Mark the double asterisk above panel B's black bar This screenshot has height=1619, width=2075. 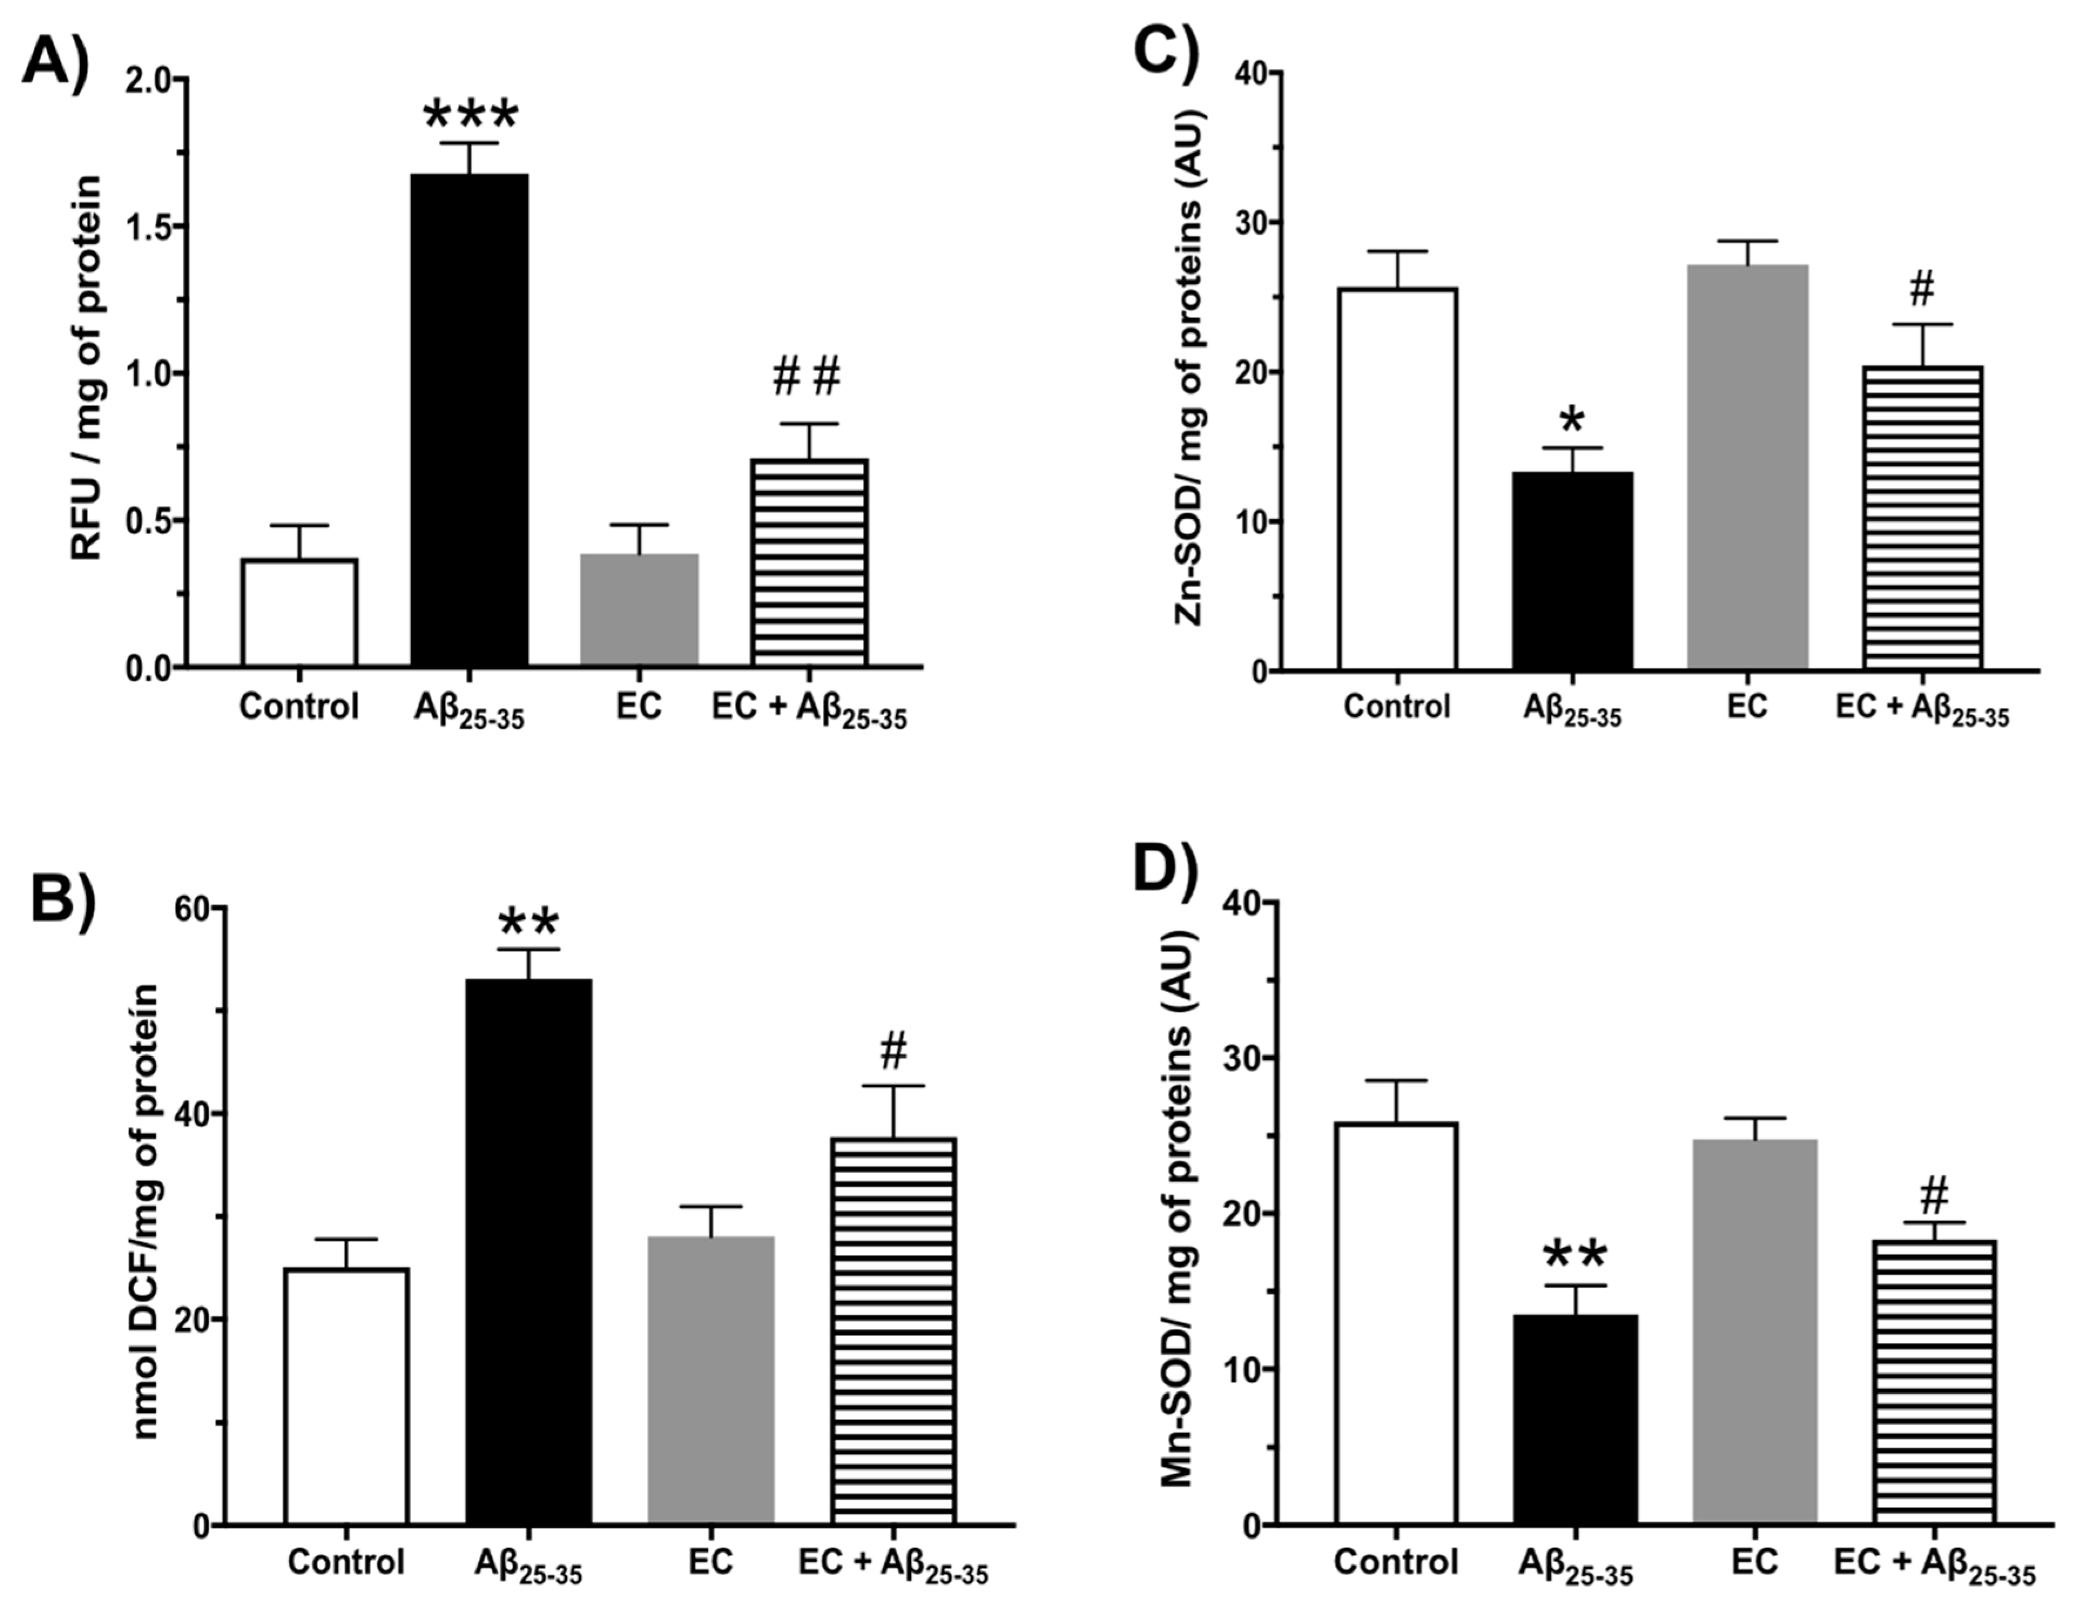[528, 923]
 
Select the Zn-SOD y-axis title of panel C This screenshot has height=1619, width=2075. [1189, 370]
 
